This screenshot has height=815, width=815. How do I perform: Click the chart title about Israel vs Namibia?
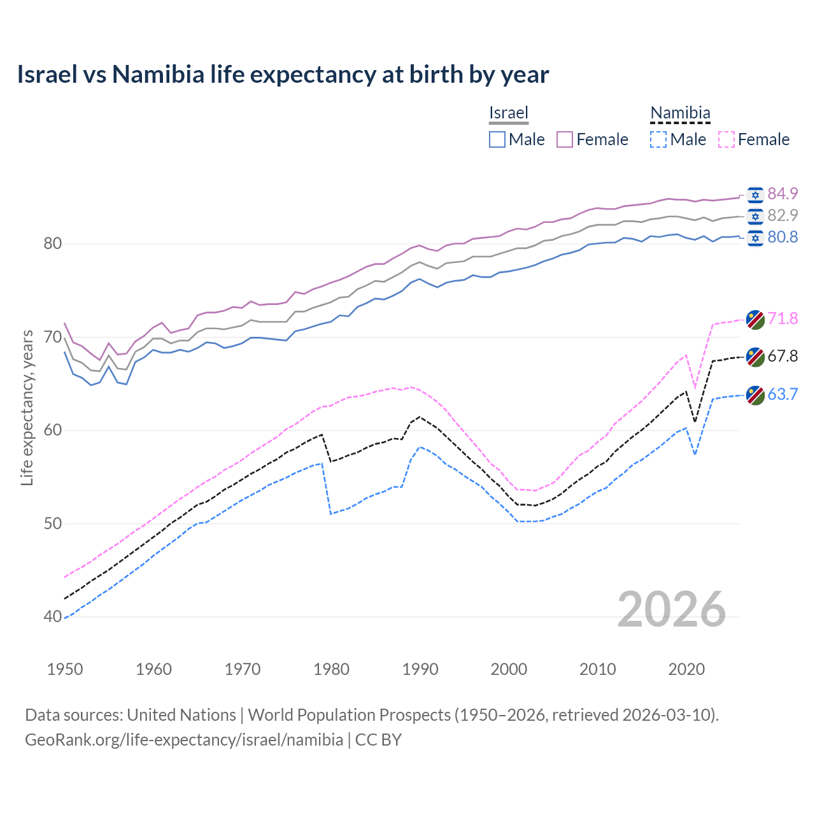coord(283,74)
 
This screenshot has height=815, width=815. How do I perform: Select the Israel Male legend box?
coord(497,139)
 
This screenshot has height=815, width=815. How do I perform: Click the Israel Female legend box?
coord(565,139)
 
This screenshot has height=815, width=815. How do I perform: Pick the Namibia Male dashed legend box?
coord(658,139)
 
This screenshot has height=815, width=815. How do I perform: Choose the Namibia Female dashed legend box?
coord(726,139)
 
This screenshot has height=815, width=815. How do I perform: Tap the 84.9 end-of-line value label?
coord(783,194)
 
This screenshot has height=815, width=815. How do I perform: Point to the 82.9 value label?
coord(783,215)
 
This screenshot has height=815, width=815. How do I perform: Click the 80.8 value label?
coord(783,237)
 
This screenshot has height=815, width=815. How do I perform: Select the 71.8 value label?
coord(783,318)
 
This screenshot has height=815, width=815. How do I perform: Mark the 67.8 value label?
coord(783,356)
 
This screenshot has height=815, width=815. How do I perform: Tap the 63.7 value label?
coord(783,394)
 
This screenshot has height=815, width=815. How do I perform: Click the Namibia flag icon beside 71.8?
coord(755,319)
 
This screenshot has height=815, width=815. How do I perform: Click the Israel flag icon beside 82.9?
coord(755,216)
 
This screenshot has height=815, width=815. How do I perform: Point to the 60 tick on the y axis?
coord(53,430)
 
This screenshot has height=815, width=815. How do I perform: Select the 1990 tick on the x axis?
coord(420,669)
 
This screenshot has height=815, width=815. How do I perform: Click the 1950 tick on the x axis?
coord(65,669)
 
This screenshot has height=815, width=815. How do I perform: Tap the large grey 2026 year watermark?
coord(671,609)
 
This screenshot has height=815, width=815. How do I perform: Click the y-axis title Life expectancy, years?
coord(27,407)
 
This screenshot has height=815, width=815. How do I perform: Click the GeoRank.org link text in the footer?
coord(184,740)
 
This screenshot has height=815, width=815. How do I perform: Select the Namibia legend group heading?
coord(680,113)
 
